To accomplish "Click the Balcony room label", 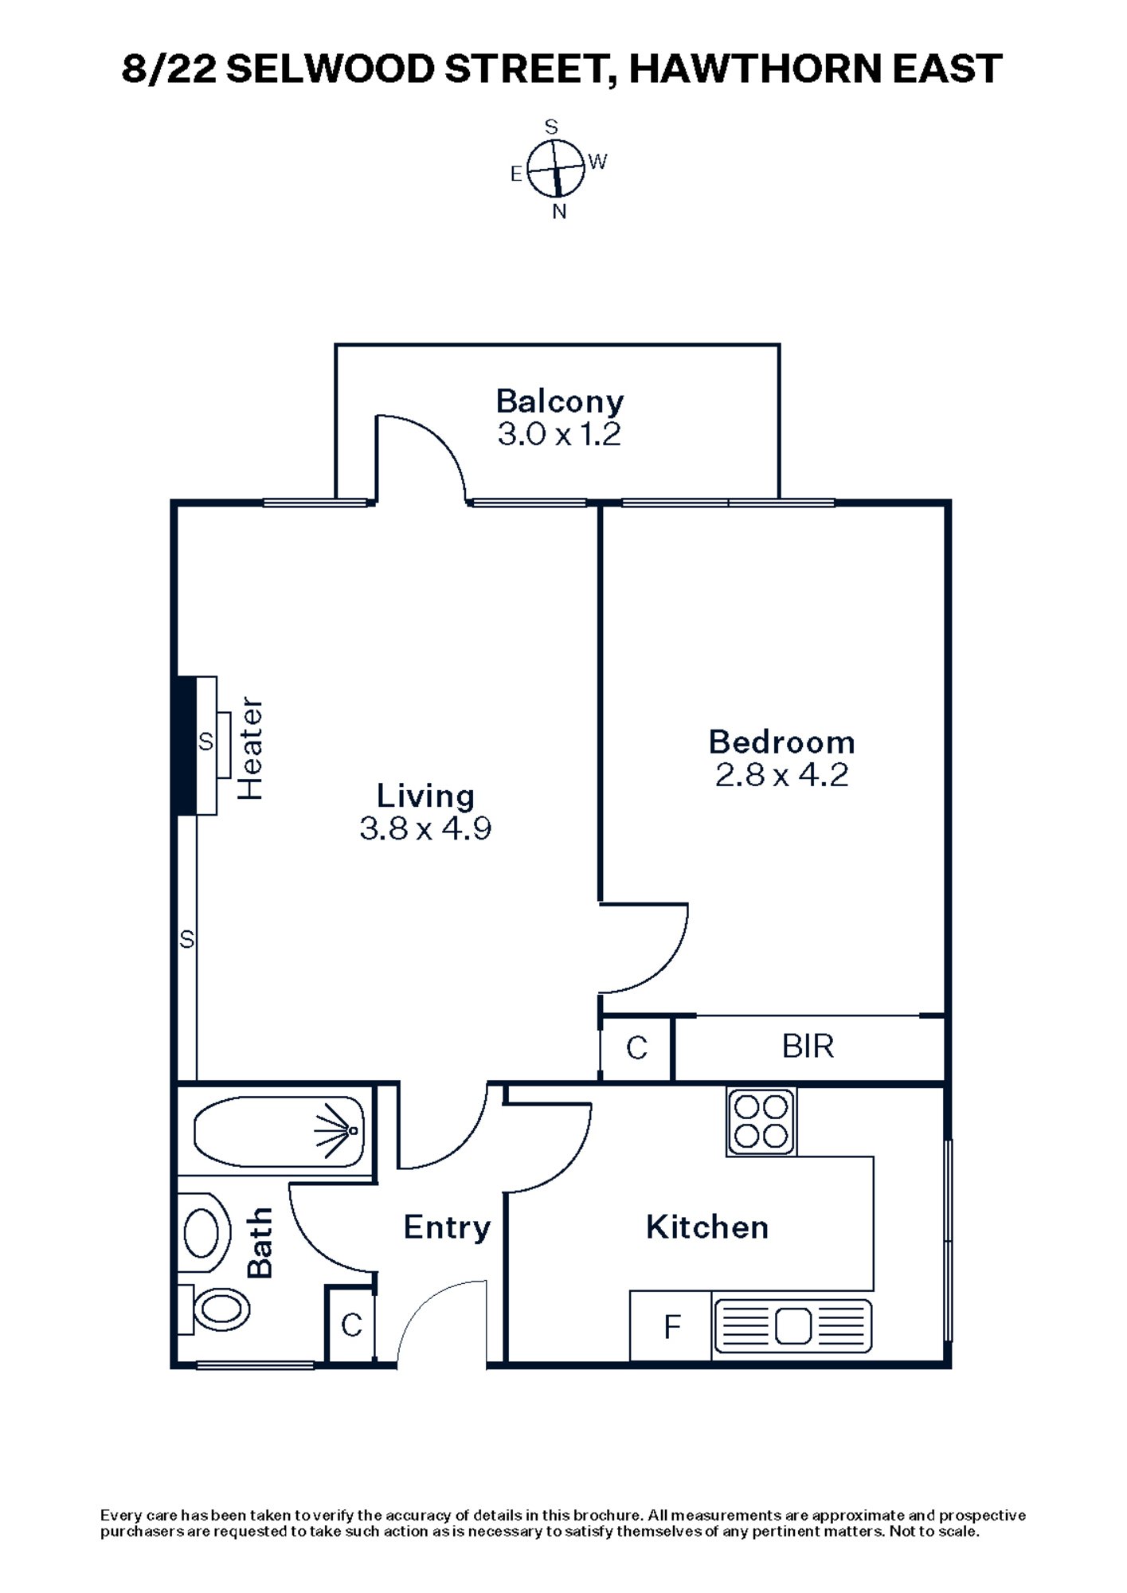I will [559, 401].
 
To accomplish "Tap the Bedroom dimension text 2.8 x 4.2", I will [781, 775].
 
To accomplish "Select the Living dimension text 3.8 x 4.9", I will [425, 828].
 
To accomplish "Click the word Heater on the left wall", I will [251, 749].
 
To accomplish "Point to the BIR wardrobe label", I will [808, 1047].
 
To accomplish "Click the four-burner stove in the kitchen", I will [761, 1121].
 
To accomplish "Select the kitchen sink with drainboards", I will [792, 1327].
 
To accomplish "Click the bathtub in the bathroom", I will [279, 1131].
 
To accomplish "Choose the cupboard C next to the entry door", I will [350, 1325].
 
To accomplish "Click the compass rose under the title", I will [556, 169].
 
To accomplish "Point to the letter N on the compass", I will [559, 212].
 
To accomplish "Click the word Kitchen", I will [706, 1227].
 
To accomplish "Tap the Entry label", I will [446, 1227].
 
